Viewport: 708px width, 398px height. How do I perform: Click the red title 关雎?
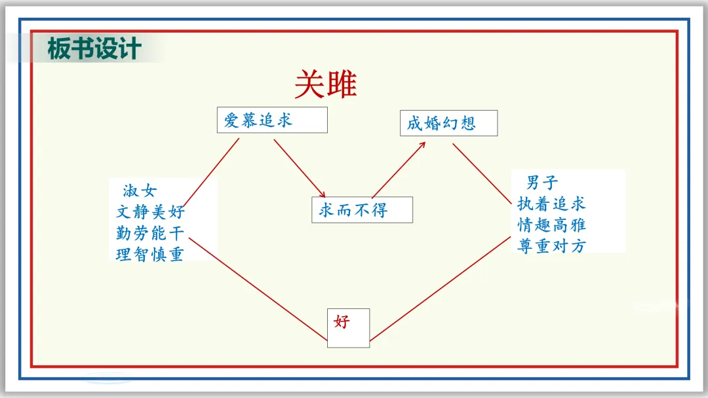click(325, 84)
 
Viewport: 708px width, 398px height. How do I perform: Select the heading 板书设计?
click(94, 49)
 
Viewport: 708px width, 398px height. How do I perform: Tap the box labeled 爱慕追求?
click(271, 120)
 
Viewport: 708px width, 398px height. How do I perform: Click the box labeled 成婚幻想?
click(448, 123)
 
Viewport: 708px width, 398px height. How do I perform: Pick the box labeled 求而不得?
click(362, 209)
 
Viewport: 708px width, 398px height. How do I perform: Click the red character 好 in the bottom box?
click(342, 321)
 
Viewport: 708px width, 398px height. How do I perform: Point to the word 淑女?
click(140, 191)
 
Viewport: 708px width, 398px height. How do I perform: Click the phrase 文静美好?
click(150, 212)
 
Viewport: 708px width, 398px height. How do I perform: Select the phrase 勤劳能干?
click(150, 233)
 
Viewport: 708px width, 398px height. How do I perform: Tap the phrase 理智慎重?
click(150, 254)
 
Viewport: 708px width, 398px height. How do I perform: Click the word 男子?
click(542, 183)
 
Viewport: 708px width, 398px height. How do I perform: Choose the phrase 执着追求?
click(551, 204)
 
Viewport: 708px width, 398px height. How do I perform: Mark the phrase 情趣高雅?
click(551, 225)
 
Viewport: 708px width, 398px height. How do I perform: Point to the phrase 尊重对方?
click(551, 245)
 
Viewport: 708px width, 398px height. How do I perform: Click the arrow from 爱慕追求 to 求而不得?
click(299, 168)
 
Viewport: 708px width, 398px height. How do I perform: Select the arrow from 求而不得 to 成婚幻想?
click(399, 169)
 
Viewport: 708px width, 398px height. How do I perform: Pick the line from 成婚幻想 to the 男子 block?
click(482, 174)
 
